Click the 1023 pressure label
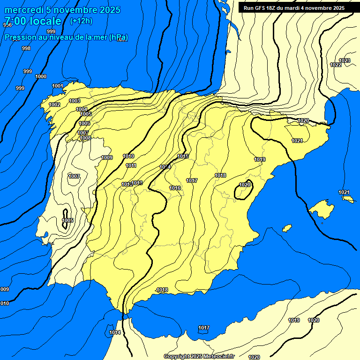click(x=345, y=60)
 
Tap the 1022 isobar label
click(x=336, y=65)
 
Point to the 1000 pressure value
click(x=41, y=76)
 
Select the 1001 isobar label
click(x=58, y=86)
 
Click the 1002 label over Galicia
click(x=54, y=105)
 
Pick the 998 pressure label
click(x=26, y=48)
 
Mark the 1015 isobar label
click(x=183, y=156)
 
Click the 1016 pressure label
click(x=175, y=188)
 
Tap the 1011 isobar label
click(x=131, y=165)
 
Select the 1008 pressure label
click(x=85, y=138)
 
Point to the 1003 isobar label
click(x=75, y=101)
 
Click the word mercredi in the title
click(x=24, y=10)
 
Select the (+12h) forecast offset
click(x=81, y=21)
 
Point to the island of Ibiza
click(x=287, y=228)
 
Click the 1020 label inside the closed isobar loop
click(x=245, y=185)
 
